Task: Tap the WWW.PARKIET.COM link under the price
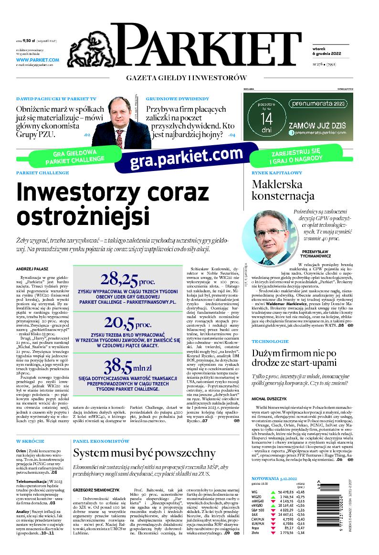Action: click(37, 60)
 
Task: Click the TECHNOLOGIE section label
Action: click(270, 342)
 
